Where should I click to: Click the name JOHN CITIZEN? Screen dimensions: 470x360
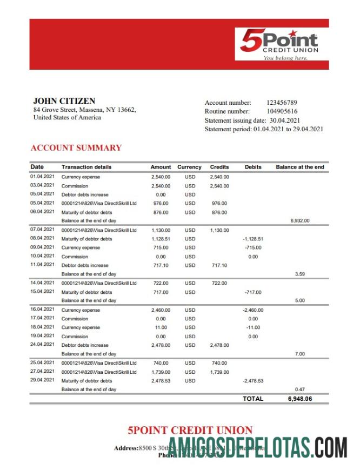click(x=64, y=101)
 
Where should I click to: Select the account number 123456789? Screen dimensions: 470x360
click(x=282, y=103)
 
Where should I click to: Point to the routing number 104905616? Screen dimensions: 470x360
click(x=282, y=111)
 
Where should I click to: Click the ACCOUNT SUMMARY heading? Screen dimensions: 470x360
click(x=76, y=148)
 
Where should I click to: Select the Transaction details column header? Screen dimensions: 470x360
click(x=86, y=167)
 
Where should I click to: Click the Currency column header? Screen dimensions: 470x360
click(x=189, y=167)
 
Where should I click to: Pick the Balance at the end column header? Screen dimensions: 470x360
click(x=299, y=167)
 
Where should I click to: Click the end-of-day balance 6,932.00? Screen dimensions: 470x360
click(x=299, y=221)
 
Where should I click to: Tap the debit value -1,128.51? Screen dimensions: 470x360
click(x=253, y=239)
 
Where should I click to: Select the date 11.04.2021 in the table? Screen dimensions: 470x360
click(x=42, y=265)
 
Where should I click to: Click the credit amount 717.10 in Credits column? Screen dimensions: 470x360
click(x=219, y=265)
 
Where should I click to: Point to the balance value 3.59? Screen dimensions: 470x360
click(x=299, y=274)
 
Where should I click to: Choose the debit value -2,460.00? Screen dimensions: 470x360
click(x=252, y=310)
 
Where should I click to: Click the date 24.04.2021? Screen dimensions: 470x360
click(x=42, y=345)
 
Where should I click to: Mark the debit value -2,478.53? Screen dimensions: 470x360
click(x=252, y=381)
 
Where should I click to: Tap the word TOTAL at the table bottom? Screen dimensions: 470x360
click(x=253, y=399)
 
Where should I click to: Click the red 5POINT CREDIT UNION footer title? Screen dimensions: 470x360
click(x=190, y=431)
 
